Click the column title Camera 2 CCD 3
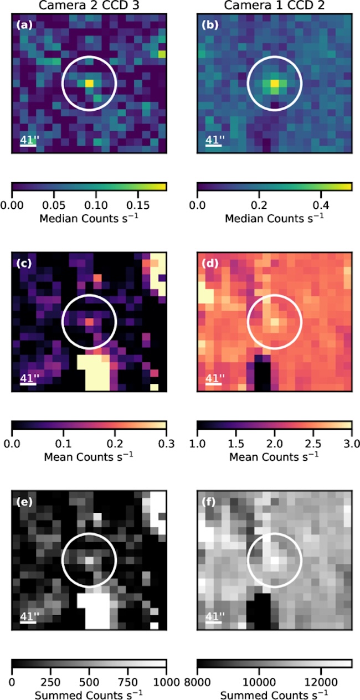[89, 6]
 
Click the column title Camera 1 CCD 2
[274, 6]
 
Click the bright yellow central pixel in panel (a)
[89, 83]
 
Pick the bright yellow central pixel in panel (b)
[274, 84]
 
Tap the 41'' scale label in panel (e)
[29, 616]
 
